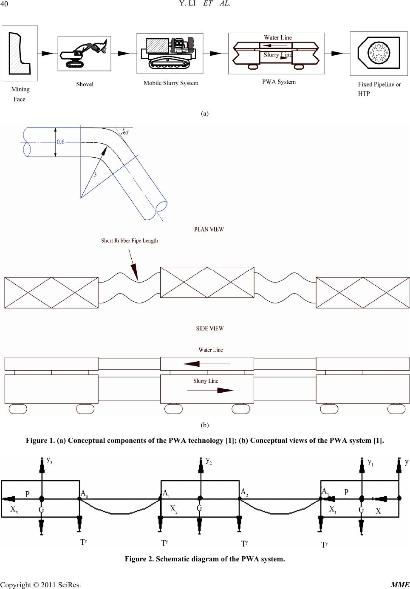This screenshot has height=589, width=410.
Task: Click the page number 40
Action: coord(4,4)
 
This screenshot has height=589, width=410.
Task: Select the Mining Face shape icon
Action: coord(19,53)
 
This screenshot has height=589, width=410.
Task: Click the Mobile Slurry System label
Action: coord(171,83)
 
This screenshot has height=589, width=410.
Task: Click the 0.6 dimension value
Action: coord(60,142)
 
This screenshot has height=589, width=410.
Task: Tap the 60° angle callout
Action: coord(126,133)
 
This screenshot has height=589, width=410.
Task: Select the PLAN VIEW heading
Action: coord(209,229)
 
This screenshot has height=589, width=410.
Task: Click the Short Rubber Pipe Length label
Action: coord(130,241)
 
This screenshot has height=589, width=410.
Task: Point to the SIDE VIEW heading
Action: coord(210,328)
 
